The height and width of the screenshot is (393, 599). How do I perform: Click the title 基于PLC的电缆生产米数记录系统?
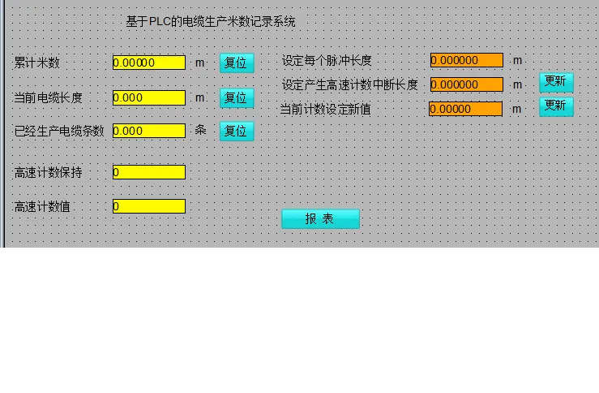211,22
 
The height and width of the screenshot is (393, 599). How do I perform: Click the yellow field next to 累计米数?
149,63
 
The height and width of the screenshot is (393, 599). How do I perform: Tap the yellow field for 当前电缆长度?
149,97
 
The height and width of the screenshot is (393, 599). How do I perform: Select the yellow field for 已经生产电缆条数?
149,131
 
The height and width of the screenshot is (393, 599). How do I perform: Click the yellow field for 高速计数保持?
149,172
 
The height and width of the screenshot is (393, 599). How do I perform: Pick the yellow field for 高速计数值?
149,206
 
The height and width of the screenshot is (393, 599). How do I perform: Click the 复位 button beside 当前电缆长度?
236,98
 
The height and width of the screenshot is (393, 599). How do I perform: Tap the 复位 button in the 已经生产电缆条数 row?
236,131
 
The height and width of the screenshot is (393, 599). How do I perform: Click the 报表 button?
320,218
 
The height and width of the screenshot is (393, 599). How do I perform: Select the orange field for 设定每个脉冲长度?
466,60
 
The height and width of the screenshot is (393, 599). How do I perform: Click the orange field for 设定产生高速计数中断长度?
466,84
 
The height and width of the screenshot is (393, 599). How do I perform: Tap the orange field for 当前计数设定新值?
465,109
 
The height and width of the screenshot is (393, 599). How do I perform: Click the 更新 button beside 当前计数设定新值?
556,106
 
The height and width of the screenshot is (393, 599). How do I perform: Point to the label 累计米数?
37,63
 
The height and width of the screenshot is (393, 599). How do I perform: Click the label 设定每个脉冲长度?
327,61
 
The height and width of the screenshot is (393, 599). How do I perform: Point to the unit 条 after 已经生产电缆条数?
200,130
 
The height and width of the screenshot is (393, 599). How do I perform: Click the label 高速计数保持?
49,173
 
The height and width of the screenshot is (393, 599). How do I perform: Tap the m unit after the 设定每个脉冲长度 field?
517,60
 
